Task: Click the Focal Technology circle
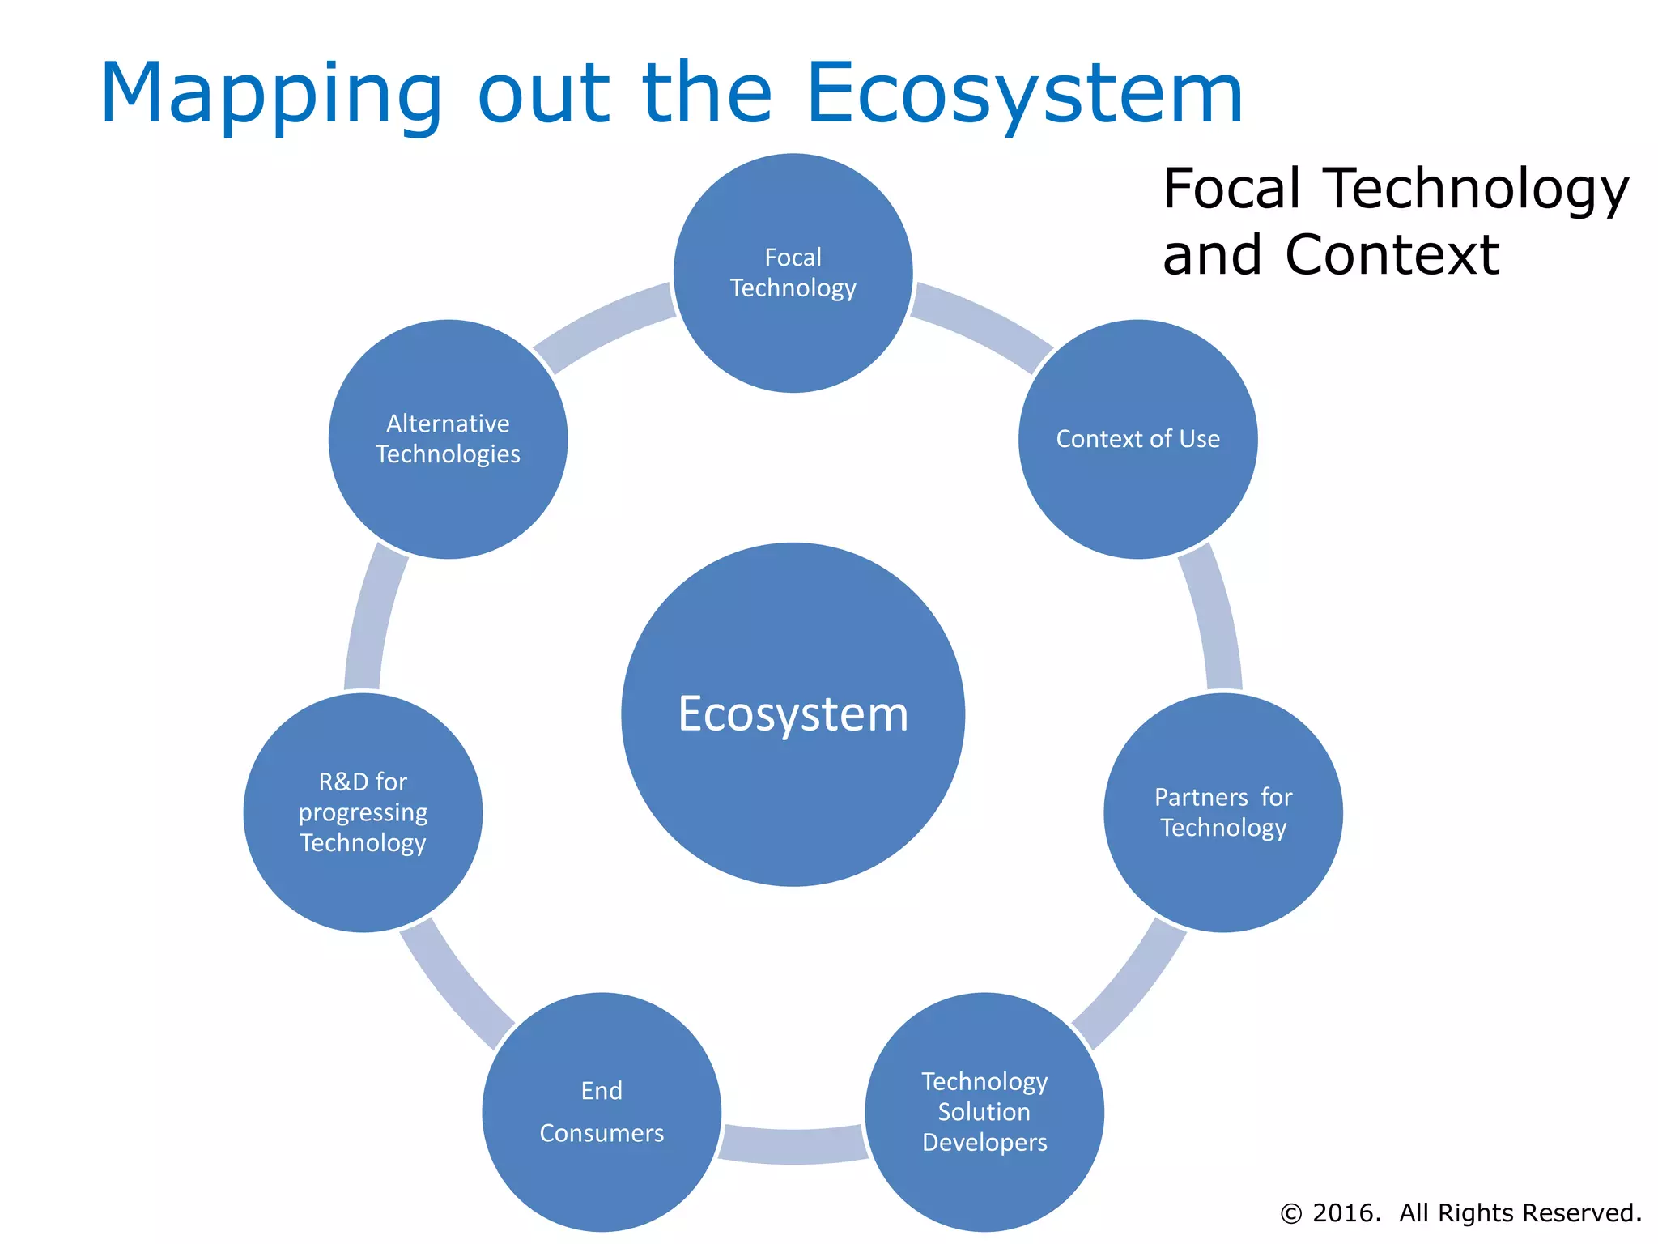pyautogui.click(x=793, y=273)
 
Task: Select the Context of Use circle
pyautogui.click(x=1137, y=439)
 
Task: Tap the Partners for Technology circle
pyautogui.click(x=1222, y=812)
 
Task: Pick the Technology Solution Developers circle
pyautogui.click(x=984, y=1111)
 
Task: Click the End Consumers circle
pyautogui.click(x=602, y=1111)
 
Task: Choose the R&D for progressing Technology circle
pyautogui.click(x=363, y=812)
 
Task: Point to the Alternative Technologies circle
pyautogui.click(x=448, y=439)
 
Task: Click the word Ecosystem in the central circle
pyautogui.click(x=793, y=714)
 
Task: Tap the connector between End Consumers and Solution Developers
pyautogui.click(x=793, y=1145)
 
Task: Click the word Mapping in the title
pyautogui.click(x=271, y=96)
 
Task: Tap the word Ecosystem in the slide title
pyautogui.click(x=1024, y=96)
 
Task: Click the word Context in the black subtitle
pyautogui.click(x=1392, y=255)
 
